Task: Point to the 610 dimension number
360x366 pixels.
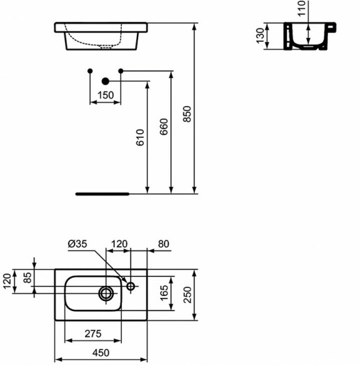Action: point(140,139)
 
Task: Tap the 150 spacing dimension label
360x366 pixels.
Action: point(105,95)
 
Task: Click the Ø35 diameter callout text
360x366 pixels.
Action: point(78,244)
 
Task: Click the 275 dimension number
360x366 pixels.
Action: point(94,334)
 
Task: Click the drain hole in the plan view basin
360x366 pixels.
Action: point(107,293)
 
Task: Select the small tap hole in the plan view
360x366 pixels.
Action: point(131,286)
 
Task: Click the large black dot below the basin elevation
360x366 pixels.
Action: point(105,81)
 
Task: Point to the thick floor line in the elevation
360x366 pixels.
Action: point(102,194)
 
